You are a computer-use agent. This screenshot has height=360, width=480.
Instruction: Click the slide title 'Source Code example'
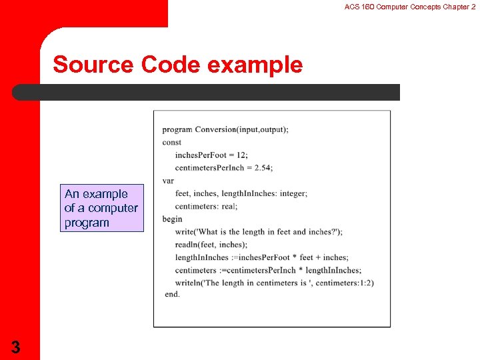tap(177, 65)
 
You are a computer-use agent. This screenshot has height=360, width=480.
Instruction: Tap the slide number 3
tap(15, 347)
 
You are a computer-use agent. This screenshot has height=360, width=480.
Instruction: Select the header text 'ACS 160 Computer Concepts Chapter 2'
tap(410, 7)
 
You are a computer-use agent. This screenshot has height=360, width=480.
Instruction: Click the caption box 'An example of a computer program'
tap(101, 208)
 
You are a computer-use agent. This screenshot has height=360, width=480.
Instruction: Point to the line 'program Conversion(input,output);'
tap(225, 129)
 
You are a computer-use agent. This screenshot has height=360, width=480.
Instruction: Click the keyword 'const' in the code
tap(171, 142)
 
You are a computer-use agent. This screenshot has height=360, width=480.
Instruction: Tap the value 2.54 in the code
tap(263, 167)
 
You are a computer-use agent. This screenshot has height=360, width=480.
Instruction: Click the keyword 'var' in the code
tap(168, 180)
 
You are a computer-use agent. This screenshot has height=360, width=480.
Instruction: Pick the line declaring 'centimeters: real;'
tap(206, 206)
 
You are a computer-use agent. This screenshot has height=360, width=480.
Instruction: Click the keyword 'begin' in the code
tap(172, 219)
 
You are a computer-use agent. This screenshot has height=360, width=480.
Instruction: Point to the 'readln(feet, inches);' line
tap(211, 245)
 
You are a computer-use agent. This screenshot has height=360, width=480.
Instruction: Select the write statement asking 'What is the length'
tap(259, 231)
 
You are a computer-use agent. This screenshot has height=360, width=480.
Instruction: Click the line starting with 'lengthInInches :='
tap(261, 257)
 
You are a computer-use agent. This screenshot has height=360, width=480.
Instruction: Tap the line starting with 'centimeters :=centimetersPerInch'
tap(268, 270)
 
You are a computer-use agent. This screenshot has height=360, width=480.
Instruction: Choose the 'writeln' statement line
tap(274, 283)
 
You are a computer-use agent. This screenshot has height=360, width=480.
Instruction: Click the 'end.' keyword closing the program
tap(172, 294)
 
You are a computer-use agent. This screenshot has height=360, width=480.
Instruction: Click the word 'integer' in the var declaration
tap(293, 193)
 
